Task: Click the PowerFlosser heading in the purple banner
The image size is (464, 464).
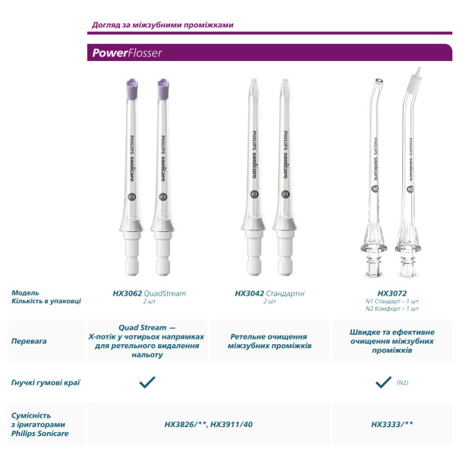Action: pos(125,53)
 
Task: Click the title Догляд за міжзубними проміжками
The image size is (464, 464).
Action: pos(162,25)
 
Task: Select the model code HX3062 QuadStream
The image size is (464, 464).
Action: pos(148,294)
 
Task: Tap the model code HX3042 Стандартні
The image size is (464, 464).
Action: pos(269,294)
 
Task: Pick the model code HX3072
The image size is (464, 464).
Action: pos(391,294)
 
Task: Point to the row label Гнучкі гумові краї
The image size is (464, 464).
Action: pos(46,382)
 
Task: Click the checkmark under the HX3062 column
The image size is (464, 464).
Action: pos(147,381)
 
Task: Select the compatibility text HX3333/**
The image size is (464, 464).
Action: pos(392,424)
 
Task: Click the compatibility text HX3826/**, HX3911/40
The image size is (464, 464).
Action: pos(208,424)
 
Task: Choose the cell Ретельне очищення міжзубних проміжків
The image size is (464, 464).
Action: pos(269,341)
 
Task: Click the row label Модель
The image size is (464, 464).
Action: pos(26,293)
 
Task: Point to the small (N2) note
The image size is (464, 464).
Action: pos(403,382)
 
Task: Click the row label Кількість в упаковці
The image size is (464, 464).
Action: pos(46,301)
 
